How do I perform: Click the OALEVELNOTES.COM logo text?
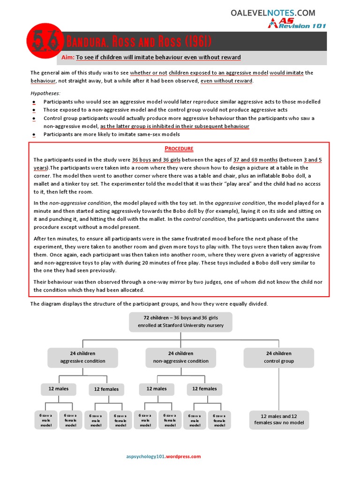click(273, 13)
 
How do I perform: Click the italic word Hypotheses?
click(45, 93)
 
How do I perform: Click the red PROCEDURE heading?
click(179, 149)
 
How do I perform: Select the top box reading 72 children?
click(180, 322)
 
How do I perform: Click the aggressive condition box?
click(82, 357)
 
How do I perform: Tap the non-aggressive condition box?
click(180, 357)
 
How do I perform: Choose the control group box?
click(278, 357)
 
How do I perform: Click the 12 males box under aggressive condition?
click(58, 389)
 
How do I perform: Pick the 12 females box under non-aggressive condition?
click(204, 389)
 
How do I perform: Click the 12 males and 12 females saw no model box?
click(279, 420)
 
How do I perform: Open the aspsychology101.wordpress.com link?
click(164, 457)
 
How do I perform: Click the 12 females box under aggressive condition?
click(106, 389)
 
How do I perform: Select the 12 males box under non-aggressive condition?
click(156, 389)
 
